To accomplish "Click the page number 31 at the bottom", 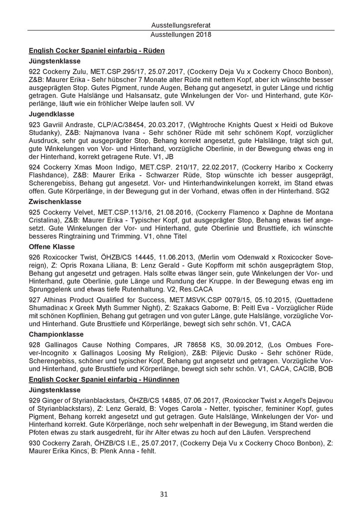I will [x=180, y=494].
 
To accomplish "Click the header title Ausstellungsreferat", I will [x=180, y=25].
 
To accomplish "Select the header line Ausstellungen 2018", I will [x=180, y=35].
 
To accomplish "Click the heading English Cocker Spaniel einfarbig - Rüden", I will [x=97, y=50].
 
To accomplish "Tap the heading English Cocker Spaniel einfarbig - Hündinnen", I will [x=104, y=380].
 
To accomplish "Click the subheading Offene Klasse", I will [x=52, y=247].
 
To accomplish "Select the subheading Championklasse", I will [x=56, y=334].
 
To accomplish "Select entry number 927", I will [x=35, y=301].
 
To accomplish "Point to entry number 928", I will [x=35, y=345].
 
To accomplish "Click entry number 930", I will [x=35, y=445].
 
